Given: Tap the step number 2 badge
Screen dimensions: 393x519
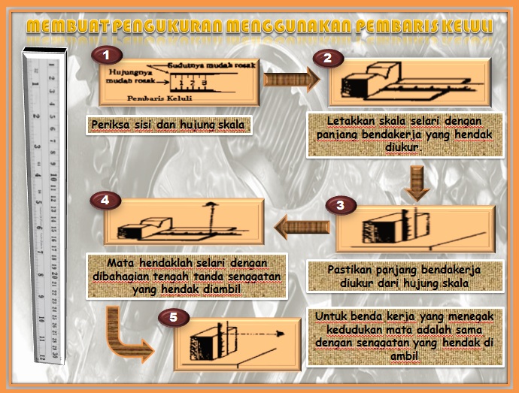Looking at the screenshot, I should pyautogui.click(x=326, y=58).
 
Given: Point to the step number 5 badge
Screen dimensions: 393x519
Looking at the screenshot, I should pyautogui.click(x=174, y=318).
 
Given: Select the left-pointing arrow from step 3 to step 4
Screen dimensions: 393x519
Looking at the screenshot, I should pyautogui.click(x=301, y=227).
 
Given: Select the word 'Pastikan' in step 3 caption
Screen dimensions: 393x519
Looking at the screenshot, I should pyautogui.click(x=352, y=269).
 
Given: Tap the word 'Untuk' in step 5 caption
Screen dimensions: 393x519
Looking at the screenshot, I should pyautogui.click(x=331, y=316).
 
